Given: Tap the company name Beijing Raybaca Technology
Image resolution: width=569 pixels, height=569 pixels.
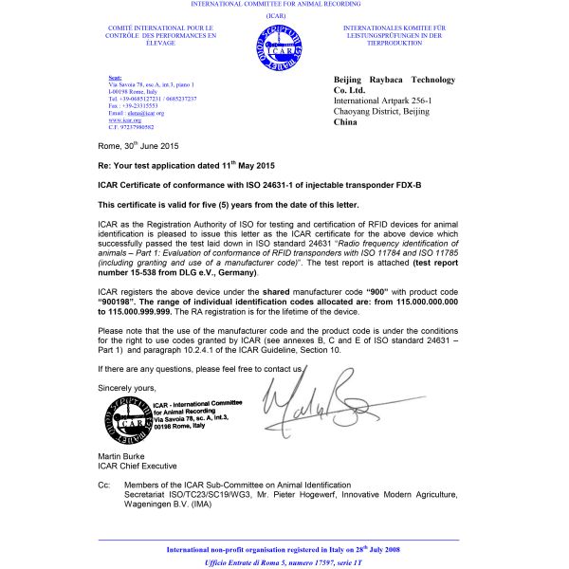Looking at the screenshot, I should click(395, 80).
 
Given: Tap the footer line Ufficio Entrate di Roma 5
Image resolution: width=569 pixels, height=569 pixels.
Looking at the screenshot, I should click(284, 562).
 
